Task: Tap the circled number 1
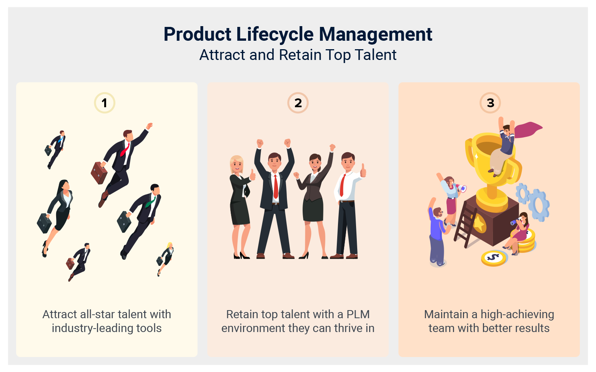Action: tap(104, 103)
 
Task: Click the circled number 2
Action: tap(298, 103)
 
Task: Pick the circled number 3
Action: tap(490, 103)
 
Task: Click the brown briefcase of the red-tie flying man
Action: tap(99, 173)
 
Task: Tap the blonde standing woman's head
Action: tap(236, 164)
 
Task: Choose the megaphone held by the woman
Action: tap(461, 188)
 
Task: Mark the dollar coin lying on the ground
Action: tap(494, 257)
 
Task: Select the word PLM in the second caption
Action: tap(358, 314)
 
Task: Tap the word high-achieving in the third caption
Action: tap(517, 314)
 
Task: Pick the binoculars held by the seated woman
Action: tap(514, 222)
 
